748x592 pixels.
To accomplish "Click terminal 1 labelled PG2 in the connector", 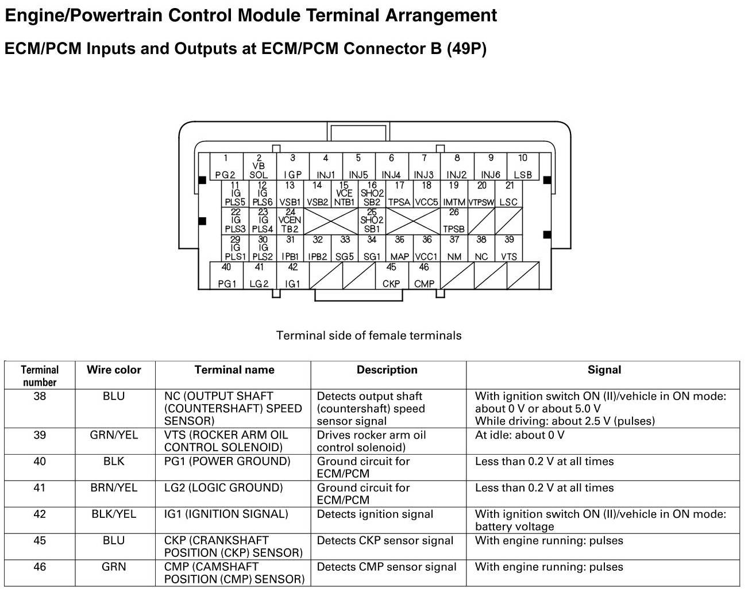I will point(226,167).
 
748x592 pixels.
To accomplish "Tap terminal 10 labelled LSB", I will point(522,167).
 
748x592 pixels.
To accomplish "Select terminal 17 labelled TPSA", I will point(399,194).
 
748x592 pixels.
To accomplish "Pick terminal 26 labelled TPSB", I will point(454,221).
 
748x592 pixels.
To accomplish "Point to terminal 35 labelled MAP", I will point(399,248).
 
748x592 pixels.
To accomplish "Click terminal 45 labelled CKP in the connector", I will point(391,275).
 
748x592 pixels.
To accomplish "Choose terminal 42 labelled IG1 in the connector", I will point(292,275).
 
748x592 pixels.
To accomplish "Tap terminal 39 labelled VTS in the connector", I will point(509,248).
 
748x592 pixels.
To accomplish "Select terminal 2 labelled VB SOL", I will point(259,167).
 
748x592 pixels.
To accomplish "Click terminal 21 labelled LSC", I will point(509,194).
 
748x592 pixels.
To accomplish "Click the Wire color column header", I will point(114,370).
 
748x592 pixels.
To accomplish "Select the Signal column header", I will point(604,370).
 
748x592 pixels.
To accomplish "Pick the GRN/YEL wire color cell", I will point(114,435).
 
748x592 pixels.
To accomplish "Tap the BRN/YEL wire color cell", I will point(114,488).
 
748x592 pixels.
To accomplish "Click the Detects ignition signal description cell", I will point(375,514).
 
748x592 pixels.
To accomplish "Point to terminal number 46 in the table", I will point(40,567).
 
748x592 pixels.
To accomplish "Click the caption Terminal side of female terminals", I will point(369,336).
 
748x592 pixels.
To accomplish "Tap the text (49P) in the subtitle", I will point(466,49).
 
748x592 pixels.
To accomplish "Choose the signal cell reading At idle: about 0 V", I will point(519,435).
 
